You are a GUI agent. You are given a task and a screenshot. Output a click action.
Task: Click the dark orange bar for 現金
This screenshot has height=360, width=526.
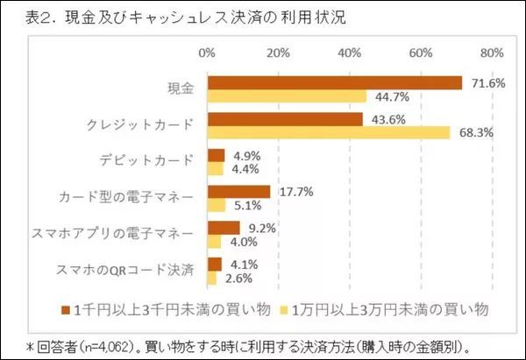click(x=335, y=83)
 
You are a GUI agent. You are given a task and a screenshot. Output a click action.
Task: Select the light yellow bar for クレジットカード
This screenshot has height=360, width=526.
click(x=329, y=132)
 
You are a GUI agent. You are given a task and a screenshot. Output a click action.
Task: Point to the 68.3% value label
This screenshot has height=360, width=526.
click(x=471, y=133)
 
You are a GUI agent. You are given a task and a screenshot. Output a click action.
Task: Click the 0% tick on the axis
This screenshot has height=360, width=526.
click(x=208, y=53)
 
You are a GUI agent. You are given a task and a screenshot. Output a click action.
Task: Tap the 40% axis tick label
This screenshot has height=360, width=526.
click(x=352, y=53)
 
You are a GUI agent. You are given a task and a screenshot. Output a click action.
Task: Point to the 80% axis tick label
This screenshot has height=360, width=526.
click(x=492, y=53)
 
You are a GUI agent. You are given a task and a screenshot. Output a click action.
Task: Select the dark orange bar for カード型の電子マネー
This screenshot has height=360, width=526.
click(x=238, y=192)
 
